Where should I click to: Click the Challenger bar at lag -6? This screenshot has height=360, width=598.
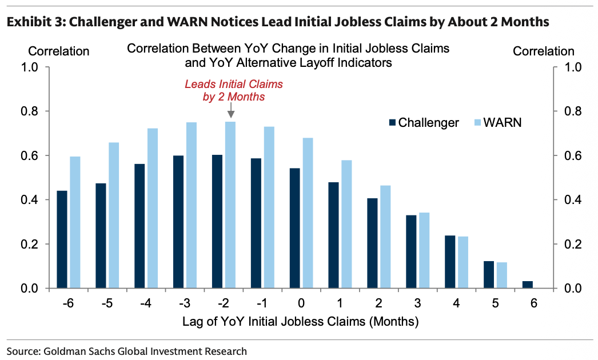pos(62,239)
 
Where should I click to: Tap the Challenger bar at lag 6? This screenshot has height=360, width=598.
pos(528,285)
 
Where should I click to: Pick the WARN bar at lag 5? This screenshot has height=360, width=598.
pos(501,275)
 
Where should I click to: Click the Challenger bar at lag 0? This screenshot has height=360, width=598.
pos(295,228)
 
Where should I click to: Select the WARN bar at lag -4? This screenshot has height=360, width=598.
pos(153,208)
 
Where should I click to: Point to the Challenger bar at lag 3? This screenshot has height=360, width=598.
pos(411,251)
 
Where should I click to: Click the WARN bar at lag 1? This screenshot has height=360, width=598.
pos(347,224)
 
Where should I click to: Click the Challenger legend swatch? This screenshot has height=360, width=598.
pos(392,123)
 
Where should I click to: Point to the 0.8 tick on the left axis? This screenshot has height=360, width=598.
pos(28,111)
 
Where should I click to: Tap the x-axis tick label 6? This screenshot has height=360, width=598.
pos(533,303)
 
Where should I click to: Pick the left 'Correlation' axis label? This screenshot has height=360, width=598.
pos(58,51)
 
